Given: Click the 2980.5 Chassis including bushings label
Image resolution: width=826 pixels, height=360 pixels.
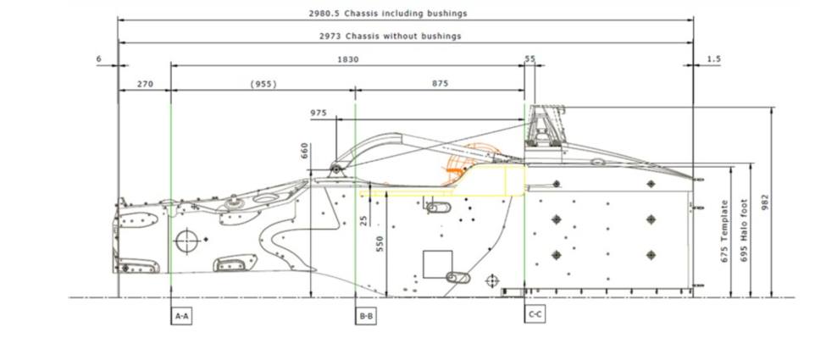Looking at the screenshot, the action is pos(388,14).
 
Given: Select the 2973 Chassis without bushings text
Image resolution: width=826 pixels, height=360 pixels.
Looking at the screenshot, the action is pos(391,36).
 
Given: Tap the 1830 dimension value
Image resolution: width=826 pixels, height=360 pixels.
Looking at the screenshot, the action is pos(347,59).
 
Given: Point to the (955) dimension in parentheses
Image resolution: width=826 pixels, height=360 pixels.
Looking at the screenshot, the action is pos(263,83).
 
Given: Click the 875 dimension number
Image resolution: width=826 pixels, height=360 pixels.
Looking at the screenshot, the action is pos(440,83).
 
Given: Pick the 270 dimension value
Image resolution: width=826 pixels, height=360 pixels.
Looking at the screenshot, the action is pos(144,83).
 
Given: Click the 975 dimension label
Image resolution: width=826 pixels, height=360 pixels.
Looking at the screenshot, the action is pos(319,113).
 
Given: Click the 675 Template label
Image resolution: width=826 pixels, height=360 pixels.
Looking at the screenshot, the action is pos(725,232).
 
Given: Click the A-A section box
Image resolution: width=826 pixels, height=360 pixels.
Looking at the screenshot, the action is pos(181,316).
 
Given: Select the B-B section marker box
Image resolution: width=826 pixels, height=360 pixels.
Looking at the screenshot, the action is pos(366,316).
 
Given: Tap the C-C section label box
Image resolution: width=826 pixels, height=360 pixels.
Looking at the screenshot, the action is pos(535,314).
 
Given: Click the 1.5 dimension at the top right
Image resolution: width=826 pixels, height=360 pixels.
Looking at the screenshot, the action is pos(713,59).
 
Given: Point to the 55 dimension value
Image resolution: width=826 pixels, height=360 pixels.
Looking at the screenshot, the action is pos(530,59).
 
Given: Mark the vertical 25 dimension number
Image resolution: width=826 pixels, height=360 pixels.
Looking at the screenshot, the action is pos(363,219).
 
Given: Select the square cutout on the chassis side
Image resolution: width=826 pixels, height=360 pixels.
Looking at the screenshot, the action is pos(438,264).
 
